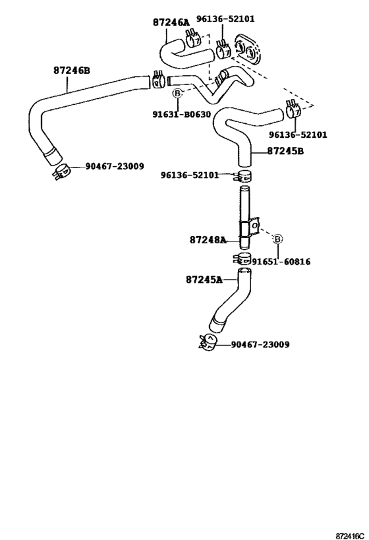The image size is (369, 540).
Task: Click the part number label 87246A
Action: [x=171, y=22]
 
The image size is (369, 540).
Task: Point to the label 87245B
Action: [x=285, y=151]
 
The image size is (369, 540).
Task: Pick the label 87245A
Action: [x=204, y=280]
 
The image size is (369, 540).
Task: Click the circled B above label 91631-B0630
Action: [x=177, y=94]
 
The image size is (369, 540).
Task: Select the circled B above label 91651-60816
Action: [x=277, y=238]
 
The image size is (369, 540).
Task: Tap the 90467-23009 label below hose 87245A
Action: [x=260, y=344]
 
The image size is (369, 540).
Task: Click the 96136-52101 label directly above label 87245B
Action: [x=298, y=135]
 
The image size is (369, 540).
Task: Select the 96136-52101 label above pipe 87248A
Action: [x=190, y=175]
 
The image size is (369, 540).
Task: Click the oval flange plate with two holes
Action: [x=248, y=45]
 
